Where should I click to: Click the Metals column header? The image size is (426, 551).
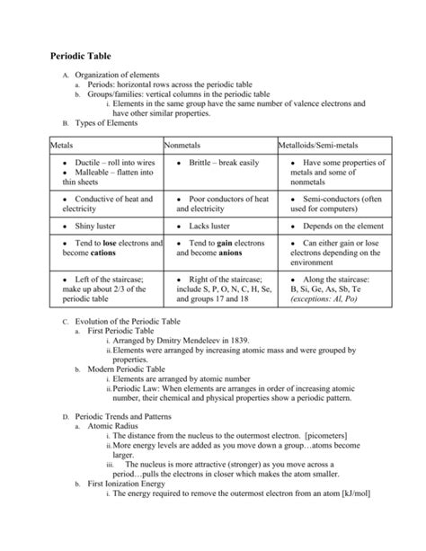coord(62,144)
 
